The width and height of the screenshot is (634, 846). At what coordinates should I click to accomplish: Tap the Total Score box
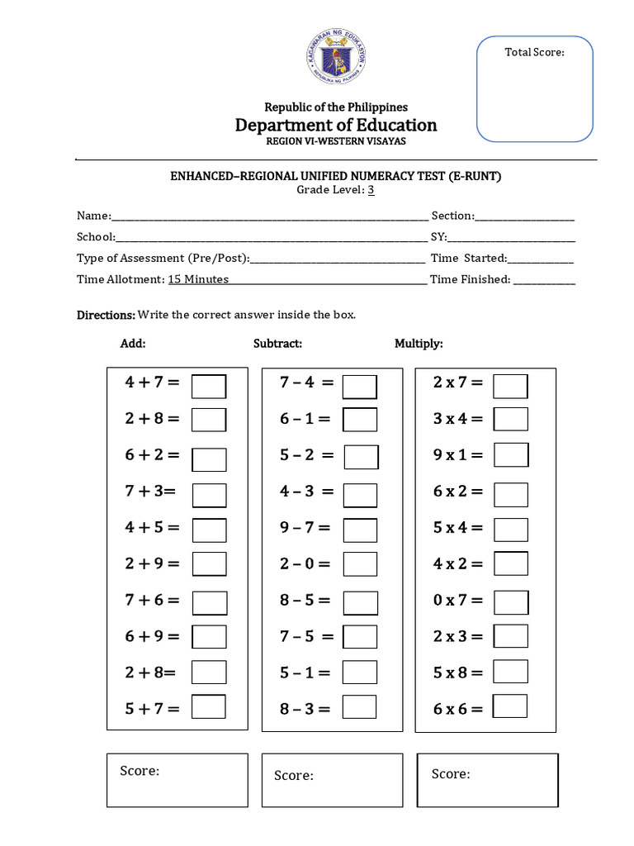click(x=535, y=88)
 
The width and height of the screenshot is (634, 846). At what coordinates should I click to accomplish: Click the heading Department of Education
click(x=336, y=126)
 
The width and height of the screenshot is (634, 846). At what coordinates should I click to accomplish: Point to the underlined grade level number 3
click(x=371, y=190)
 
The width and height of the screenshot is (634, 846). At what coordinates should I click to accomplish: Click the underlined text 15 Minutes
click(x=198, y=280)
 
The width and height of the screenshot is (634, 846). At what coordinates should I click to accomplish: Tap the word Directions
click(x=106, y=316)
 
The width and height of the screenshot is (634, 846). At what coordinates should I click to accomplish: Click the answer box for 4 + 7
click(x=209, y=386)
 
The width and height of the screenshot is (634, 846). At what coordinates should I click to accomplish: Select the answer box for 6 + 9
click(x=209, y=637)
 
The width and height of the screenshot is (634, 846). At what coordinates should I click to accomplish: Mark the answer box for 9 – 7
click(x=360, y=530)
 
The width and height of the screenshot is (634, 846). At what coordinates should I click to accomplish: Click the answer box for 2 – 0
click(x=360, y=564)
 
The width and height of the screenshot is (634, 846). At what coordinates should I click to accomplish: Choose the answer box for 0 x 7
click(x=511, y=602)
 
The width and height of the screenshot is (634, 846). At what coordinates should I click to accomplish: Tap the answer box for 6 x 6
click(x=510, y=706)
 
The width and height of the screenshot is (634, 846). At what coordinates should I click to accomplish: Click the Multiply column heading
click(x=419, y=344)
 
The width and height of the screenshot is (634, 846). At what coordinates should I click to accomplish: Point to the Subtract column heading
click(x=277, y=344)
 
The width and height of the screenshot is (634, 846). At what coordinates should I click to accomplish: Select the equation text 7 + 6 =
click(x=152, y=601)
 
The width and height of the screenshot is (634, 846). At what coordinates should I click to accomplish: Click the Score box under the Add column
click(x=177, y=780)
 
